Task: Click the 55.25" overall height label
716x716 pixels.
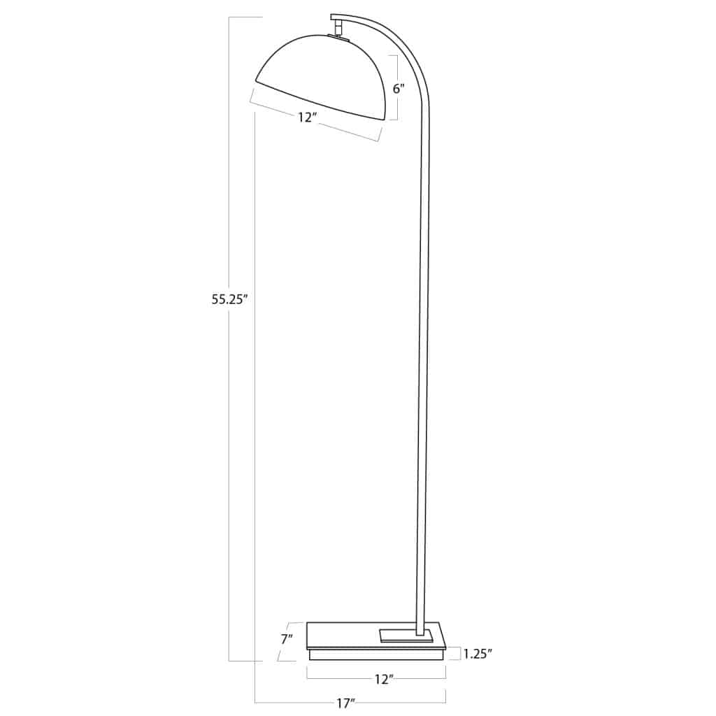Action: point(230,299)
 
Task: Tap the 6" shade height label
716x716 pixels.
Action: point(399,89)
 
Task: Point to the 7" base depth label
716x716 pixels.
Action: point(286,638)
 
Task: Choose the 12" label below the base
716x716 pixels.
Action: point(384,678)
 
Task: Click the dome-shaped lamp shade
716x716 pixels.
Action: point(322,73)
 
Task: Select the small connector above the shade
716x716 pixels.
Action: point(338,27)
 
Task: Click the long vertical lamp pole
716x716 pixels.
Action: point(423,350)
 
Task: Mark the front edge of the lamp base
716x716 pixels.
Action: point(376,654)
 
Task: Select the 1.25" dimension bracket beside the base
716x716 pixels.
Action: point(459,654)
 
